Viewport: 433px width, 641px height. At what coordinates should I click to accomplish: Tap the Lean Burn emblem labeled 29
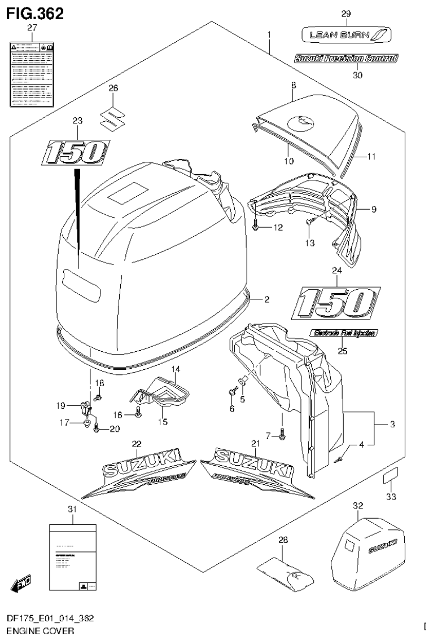click(x=346, y=36)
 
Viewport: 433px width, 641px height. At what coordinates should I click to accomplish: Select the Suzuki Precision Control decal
click(x=345, y=58)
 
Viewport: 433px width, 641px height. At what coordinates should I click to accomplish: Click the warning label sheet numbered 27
click(x=32, y=73)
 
